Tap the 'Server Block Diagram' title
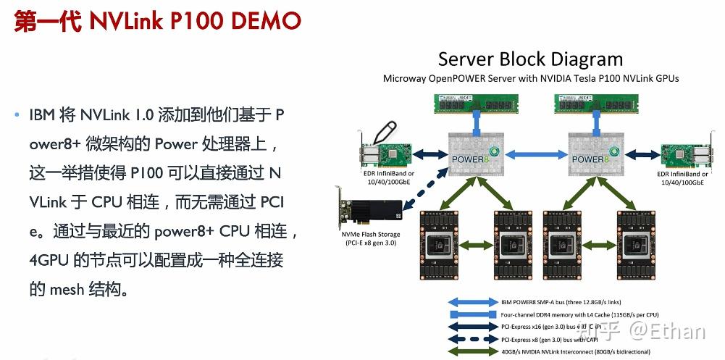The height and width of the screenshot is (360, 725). coord(530,59)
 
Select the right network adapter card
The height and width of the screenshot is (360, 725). coord(684,154)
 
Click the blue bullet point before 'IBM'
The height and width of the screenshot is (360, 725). coord(17,115)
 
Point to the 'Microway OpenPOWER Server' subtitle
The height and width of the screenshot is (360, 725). coord(530,78)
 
